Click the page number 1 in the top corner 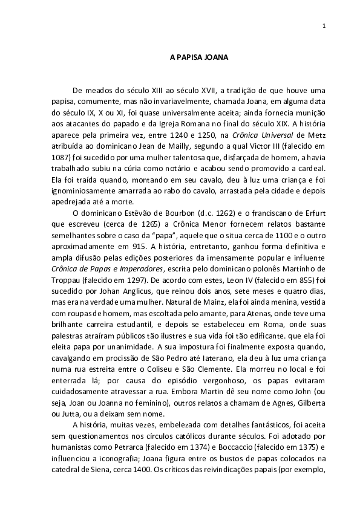pos(325,26)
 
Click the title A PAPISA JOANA pos(198,59)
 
